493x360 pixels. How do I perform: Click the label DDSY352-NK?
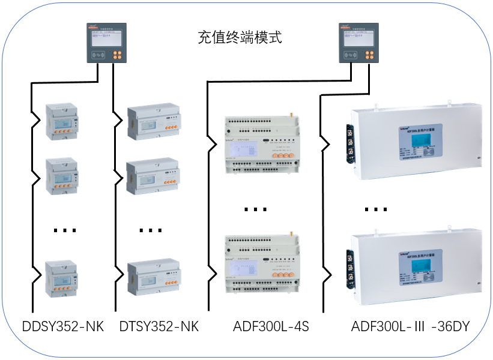click(x=63, y=327)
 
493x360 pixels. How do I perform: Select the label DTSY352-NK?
click(x=159, y=327)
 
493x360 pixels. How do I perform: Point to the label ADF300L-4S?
click(x=270, y=327)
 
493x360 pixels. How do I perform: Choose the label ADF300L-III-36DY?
click(x=410, y=327)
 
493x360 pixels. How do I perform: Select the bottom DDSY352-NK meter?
click(x=62, y=278)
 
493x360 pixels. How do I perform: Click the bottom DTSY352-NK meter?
click(x=154, y=278)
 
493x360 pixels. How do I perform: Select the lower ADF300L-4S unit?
click(x=263, y=264)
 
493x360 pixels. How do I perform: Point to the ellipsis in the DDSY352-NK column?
click(x=64, y=230)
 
